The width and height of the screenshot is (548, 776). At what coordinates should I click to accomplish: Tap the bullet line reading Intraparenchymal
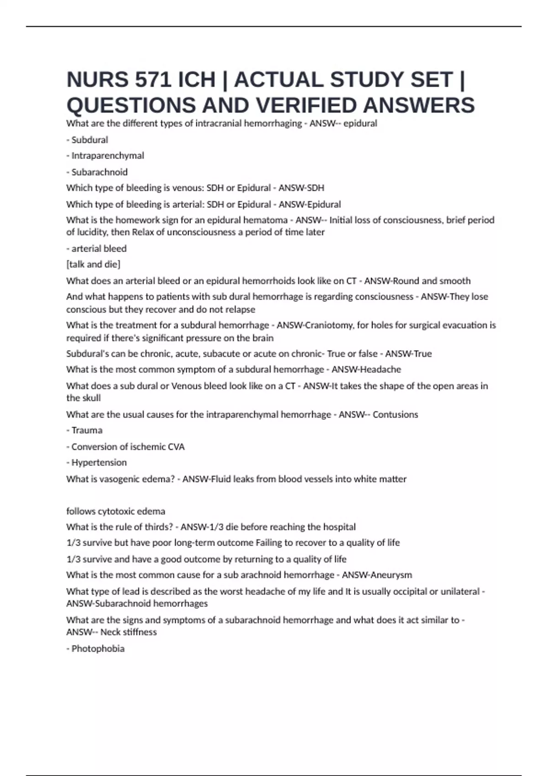107,156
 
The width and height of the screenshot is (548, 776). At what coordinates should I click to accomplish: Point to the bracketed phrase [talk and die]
93,264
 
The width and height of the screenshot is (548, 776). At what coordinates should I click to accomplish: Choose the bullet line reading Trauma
86,430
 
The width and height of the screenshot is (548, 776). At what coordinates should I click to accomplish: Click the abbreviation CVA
176,447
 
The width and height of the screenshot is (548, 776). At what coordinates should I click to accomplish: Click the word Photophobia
98,649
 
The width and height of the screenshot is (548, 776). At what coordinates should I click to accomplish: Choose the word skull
91,398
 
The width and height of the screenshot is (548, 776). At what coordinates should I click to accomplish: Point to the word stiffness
140,632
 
